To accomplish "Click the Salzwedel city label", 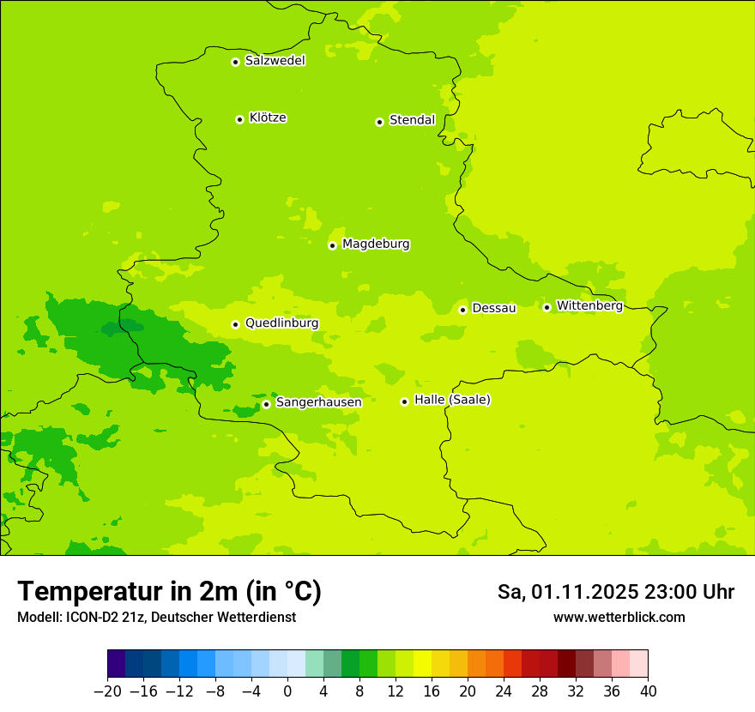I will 275,61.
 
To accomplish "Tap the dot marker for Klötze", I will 239,119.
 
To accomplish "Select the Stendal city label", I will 412,120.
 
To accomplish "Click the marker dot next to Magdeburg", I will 332,245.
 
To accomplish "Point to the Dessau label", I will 494,308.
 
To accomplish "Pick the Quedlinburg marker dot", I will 235,324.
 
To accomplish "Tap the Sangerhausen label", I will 318,402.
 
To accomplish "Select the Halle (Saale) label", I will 452,400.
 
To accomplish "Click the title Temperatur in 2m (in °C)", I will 169,591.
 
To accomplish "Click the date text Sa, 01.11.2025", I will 566,592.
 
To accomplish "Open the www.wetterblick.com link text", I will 619,617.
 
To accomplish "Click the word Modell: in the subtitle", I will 39,617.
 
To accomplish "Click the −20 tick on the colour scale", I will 108,691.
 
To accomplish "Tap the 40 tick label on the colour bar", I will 648,691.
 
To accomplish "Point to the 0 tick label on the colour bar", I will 287,691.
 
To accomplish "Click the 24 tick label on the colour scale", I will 504,691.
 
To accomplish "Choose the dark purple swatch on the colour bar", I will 117,664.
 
